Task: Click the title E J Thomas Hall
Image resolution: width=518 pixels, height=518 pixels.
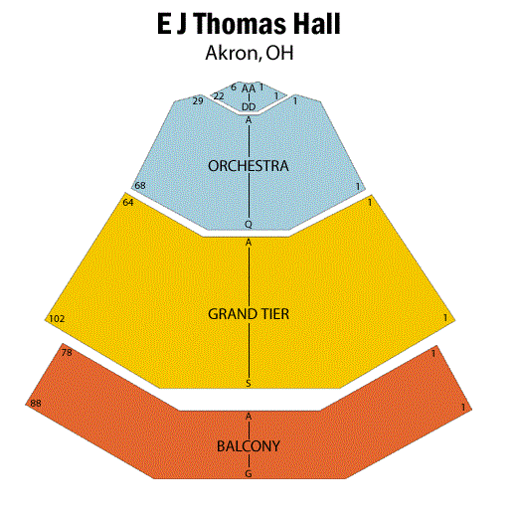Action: point(249,24)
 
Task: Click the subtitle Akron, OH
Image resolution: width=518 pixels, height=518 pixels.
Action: point(250,53)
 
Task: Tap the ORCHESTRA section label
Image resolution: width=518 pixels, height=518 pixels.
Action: point(249,166)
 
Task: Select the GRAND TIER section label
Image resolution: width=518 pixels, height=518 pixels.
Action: point(249,314)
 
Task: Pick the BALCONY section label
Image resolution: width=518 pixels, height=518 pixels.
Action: point(249,446)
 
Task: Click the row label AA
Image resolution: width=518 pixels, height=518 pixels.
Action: point(249,88)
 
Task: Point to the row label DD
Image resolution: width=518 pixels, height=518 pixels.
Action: point(249,106)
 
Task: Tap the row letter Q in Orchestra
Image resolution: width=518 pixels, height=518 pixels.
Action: point(249,225)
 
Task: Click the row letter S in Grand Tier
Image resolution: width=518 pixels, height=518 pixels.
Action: point(249,384)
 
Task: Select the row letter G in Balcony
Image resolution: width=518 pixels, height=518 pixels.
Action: point(249,474)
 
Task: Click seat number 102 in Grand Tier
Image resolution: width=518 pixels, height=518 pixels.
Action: point(57,319)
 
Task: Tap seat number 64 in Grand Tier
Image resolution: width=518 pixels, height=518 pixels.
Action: point(128,202)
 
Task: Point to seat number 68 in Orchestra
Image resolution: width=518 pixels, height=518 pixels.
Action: point(140,185)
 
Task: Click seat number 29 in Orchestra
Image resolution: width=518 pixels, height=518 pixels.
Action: point(198,100)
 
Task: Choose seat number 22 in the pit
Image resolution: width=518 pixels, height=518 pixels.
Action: point(219,96)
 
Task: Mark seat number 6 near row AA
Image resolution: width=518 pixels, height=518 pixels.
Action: point(234,87)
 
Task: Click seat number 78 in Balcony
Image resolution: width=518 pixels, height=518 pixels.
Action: point(67,353)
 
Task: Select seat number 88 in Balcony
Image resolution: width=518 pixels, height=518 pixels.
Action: point(36,403)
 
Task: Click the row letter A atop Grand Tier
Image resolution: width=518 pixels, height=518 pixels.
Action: point(249,243)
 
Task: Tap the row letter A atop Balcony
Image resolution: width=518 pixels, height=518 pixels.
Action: point(249,417)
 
